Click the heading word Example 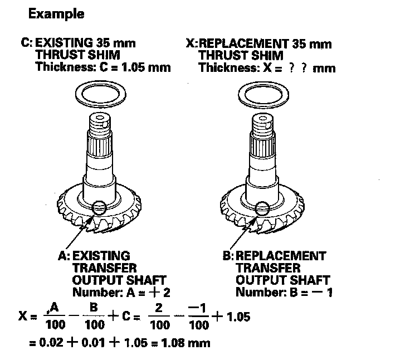57,14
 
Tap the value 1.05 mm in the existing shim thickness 148,67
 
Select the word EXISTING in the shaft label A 102,256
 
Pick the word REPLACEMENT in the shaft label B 281,256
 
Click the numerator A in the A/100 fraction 54,307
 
